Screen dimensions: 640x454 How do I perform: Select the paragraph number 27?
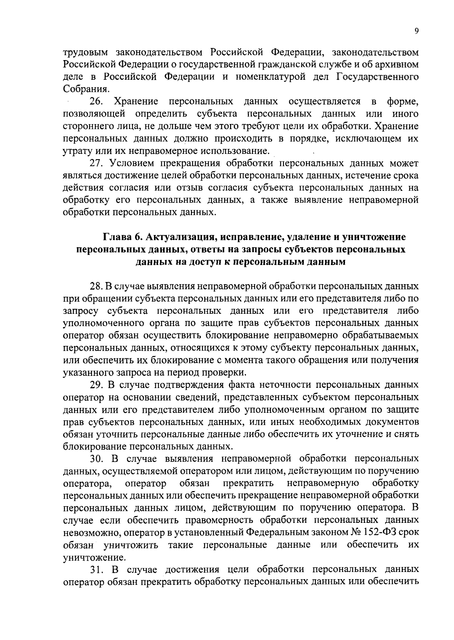(95, 163)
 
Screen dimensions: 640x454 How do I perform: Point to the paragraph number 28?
(95, 287)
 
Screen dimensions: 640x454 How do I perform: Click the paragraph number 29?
(95, 385)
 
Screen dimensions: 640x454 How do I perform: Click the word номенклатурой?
(270, 77)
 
